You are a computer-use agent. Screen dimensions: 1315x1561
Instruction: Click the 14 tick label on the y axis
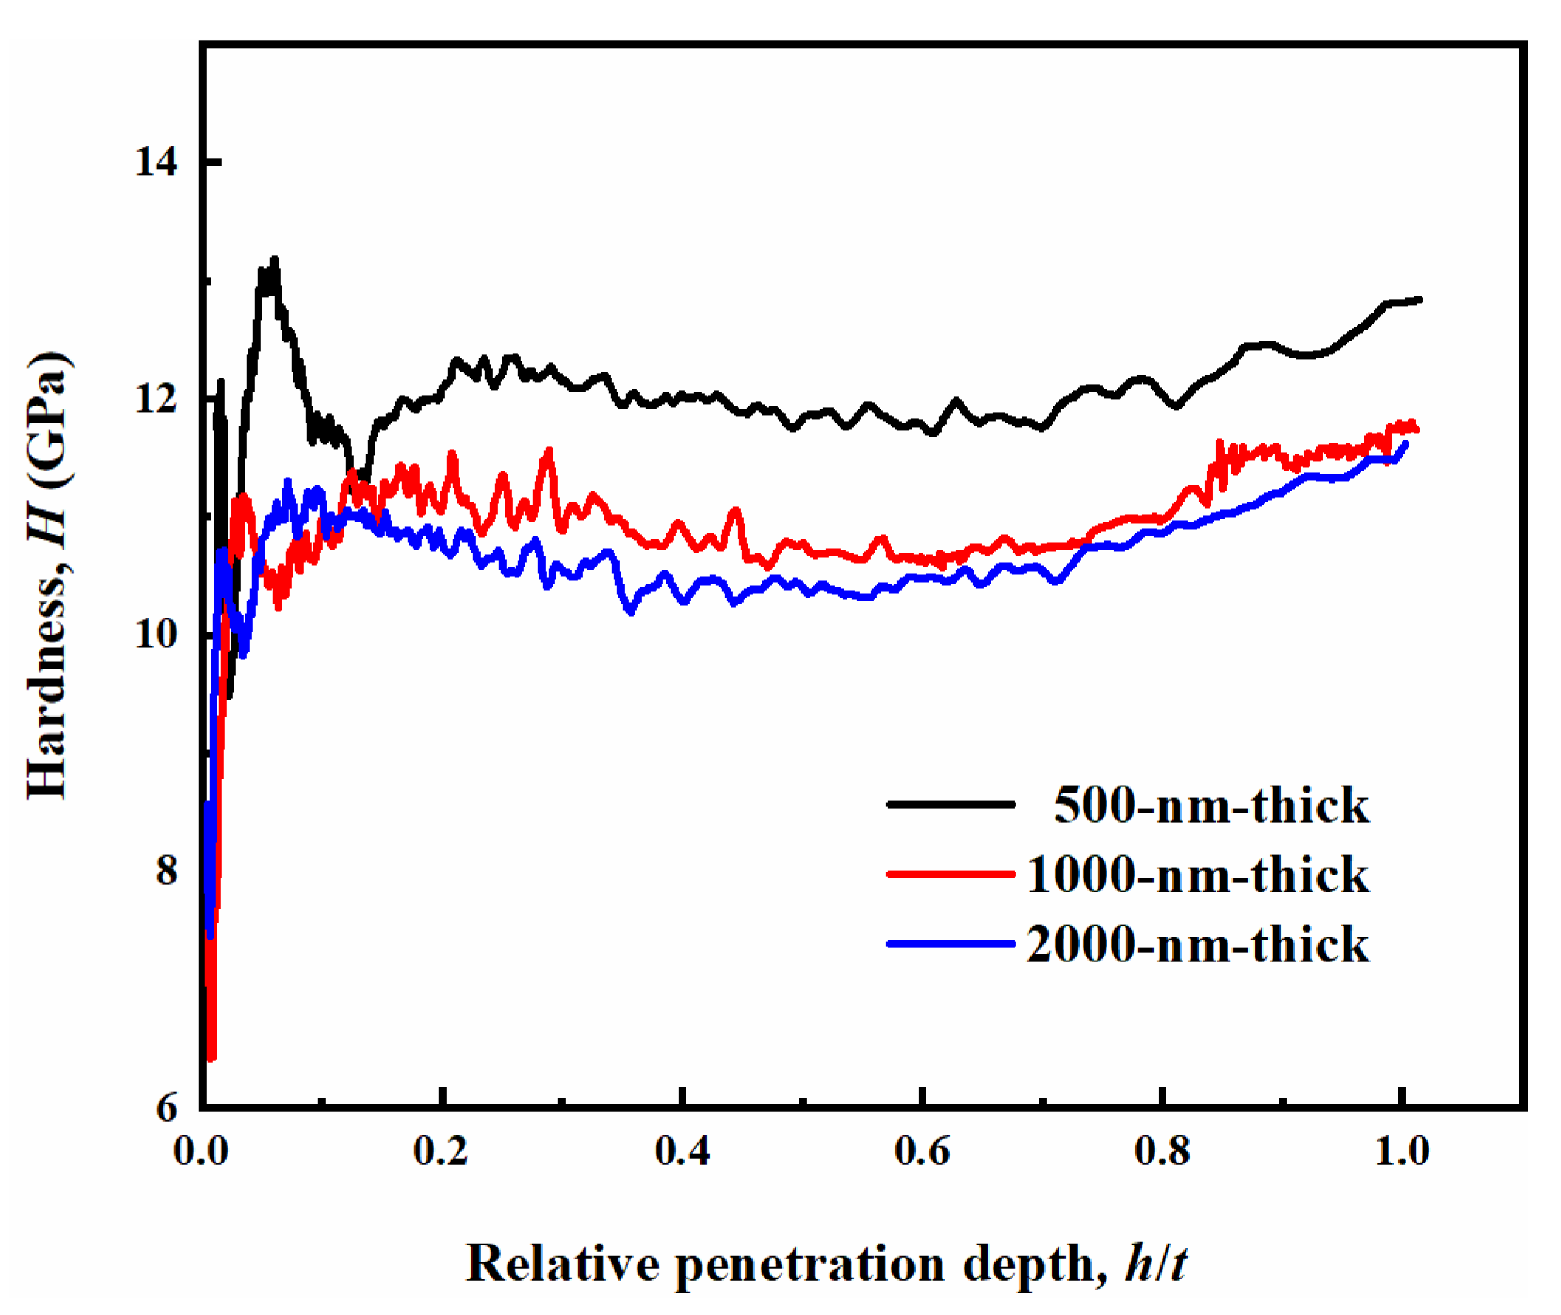156,163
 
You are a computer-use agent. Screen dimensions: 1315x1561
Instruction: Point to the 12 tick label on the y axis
156,399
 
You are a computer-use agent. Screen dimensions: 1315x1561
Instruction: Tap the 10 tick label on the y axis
156,635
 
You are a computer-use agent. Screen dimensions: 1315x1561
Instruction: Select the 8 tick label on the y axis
166,871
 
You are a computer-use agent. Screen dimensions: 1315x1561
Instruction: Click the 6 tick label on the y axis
166,1108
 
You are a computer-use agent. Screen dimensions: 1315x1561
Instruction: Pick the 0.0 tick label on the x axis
200,1152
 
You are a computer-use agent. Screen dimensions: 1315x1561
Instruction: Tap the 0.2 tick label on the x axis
440,1152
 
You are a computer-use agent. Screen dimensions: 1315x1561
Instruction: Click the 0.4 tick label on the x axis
682,1152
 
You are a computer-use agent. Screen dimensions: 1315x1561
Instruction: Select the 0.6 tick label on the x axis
922,1152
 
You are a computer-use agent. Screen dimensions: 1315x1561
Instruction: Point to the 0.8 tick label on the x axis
1162,1152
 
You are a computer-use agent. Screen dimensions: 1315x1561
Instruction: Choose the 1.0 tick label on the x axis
1402,1152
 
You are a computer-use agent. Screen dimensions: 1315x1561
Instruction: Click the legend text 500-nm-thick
1211,806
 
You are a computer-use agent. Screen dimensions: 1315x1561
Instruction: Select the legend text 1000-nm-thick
1197,875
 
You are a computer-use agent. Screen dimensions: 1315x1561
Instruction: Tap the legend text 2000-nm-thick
1197,945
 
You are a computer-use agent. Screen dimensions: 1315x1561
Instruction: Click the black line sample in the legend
950,805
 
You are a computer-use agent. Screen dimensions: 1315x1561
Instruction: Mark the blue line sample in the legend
950,943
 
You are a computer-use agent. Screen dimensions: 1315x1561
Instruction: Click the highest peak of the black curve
274,260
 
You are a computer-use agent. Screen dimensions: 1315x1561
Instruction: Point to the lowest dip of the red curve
211,1057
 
